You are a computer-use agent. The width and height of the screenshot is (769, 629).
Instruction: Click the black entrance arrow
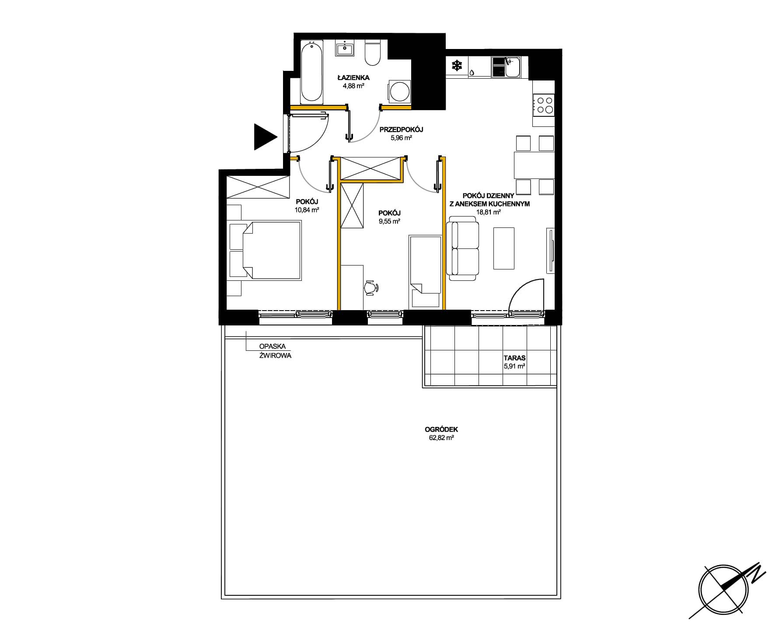pyautogui.click(x=265, y=137)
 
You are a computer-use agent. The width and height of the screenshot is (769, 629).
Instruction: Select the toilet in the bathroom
pyautogui.click(x=373, y=52)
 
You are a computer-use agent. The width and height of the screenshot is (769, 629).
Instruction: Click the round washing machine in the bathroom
pyautogui.click(x=399, y=92)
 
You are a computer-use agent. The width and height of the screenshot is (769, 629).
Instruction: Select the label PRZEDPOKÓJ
pyautogui.click(x=401, y=129)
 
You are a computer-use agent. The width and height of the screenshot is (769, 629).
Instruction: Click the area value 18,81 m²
pyautogui.click(x=489, y=212)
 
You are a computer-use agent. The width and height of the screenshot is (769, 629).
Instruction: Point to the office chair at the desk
pyautogui.click(x=371, y=287)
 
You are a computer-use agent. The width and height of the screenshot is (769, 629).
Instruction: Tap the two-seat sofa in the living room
pyautogui.click(x=463, y=251)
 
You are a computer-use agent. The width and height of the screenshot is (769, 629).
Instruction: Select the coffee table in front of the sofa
pyautogui.click(x=504, y=248)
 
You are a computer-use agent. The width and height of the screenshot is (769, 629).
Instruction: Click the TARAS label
pyautogui.click(x=514, y=358)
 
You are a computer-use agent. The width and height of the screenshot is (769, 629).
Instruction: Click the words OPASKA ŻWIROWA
pyautogui.click(x=275, y=351)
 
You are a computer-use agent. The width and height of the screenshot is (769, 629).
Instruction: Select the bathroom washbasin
pyautogui.click(x=346, y=48)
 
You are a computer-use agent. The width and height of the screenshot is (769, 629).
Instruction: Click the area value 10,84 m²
pyautogui.click(x=307, y=210)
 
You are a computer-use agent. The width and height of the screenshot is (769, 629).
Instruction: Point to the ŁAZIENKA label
pyautogui.click(x=353, y=77)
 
